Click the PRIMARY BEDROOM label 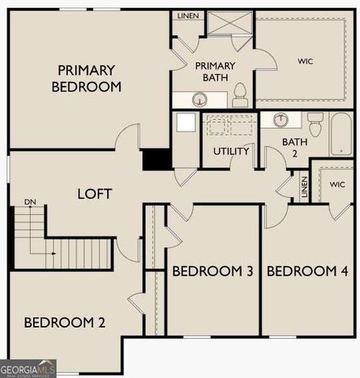click(x=87, y=78)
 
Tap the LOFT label click(x=94, y=194)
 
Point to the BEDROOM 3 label click(x=212, y=272)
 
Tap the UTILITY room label click(x=231, y=150)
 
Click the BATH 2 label click(x=295, y=146)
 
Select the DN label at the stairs click(x=30, y=202)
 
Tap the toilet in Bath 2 click(x=316, y=124)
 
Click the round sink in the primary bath click(x=200, y=99)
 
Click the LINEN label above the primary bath click(x=187, y=16)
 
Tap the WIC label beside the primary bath click(x=305, y=60)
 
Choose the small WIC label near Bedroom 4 click(x=337, y=184)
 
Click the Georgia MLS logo click(x=28, y=369)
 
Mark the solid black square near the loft click(x=156, y=159)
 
